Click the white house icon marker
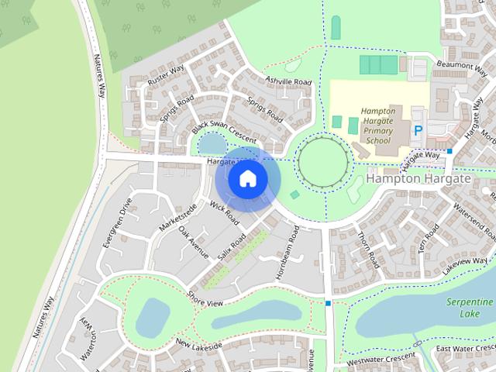pyautogui.click(x=247, y=179)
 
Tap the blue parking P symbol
pyautogui.click(x=418, y=132)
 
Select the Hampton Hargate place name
pyautogui.click(x=418, y=178)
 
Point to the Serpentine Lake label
pyautogui.click(x=470, y=306)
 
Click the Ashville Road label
pyautogui.click(x=288, y=81)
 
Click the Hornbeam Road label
pyautogui.click(x=287, y=253)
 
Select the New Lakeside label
pyautogui.click(x=198, y=343)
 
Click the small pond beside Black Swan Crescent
pyautogui.click(x=209, y=143)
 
